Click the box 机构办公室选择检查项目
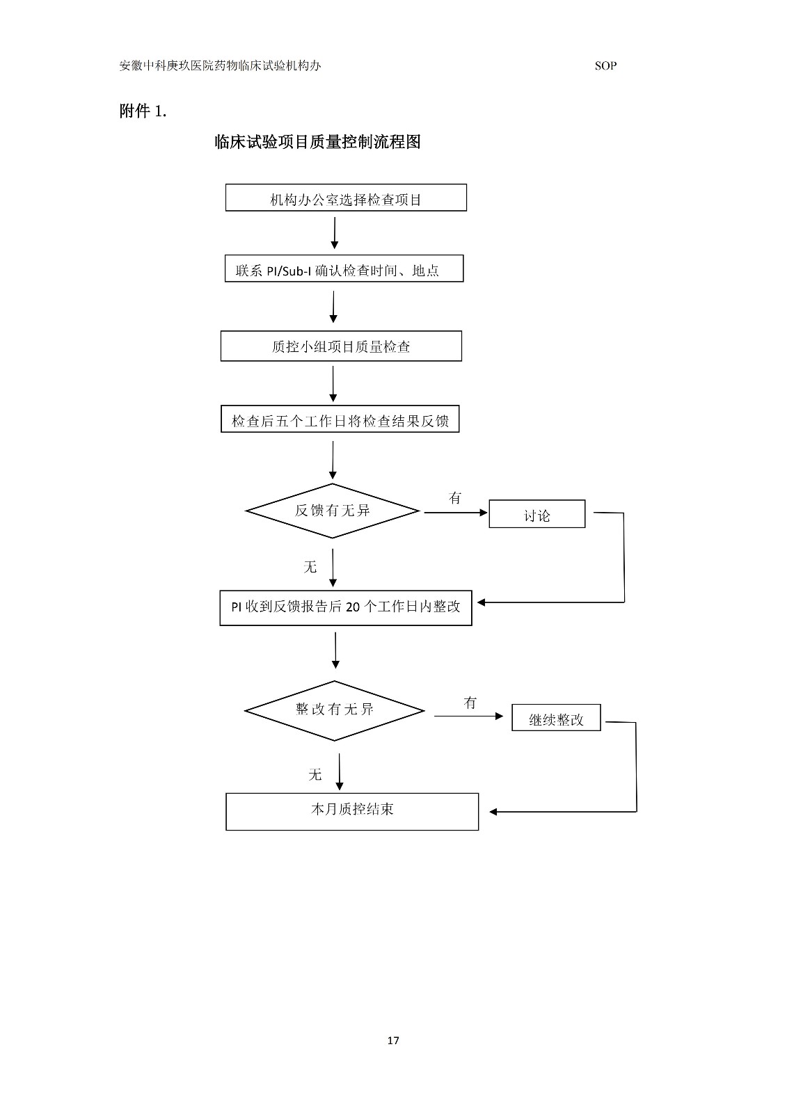(x=346, y=198)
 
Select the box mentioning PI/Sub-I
(x=344, y=269)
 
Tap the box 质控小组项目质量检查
(x=341, y=346)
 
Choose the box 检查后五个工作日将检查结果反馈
(x=340, y=419)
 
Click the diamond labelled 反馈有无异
(x=333, y=511)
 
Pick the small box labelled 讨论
(x=536, y=515)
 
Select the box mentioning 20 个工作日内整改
(x=346, y=607)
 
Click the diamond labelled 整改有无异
(x=335, y=710)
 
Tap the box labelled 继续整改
(x=556, y=718)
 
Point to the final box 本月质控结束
(x=352, y=811)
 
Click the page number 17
(x=393, y=1041)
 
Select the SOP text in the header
(x=605, y=66)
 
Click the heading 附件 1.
(x=143, y=111)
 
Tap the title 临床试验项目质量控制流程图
(x=317, y=142)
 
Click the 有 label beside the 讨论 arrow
(x=455, y=498)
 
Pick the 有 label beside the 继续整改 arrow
(x=470, y=703)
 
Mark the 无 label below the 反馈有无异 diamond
(x=310, y=568)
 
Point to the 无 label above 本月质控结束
(x=315, y=775)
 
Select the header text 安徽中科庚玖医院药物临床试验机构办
(x=221, y=66)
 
